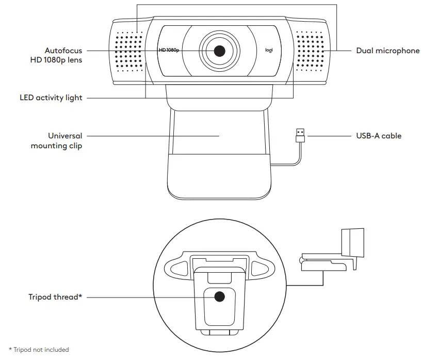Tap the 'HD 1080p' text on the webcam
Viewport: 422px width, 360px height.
168,51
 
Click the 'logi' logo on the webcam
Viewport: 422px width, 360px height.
269,51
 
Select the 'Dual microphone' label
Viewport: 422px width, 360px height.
388,51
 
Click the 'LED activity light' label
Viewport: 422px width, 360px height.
51,98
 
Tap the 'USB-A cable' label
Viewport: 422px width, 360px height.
379,136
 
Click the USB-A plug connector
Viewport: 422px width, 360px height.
299,136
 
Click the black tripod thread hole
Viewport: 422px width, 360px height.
219,297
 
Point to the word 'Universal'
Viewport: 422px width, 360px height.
65,136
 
